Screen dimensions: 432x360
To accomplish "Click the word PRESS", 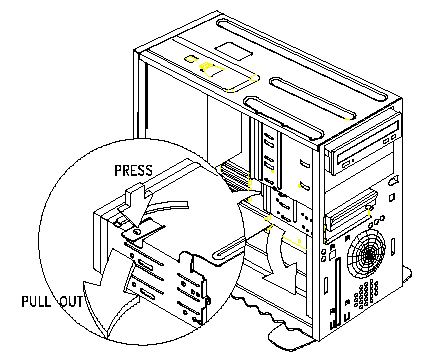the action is coord(133,170).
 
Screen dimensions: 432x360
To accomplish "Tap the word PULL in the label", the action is coord(36,301).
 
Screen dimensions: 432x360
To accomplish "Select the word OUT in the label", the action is coord(71,301).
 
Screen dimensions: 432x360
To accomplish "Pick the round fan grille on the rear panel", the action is coord(366,254).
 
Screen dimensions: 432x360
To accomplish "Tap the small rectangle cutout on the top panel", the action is coord(233,51).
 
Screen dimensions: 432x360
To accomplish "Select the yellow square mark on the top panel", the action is coord(189,60).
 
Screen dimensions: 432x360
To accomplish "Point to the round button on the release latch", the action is coord(136,231).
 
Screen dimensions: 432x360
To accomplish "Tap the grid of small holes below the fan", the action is coord(365,295).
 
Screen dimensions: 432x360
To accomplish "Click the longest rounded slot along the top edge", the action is coord(302,60).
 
